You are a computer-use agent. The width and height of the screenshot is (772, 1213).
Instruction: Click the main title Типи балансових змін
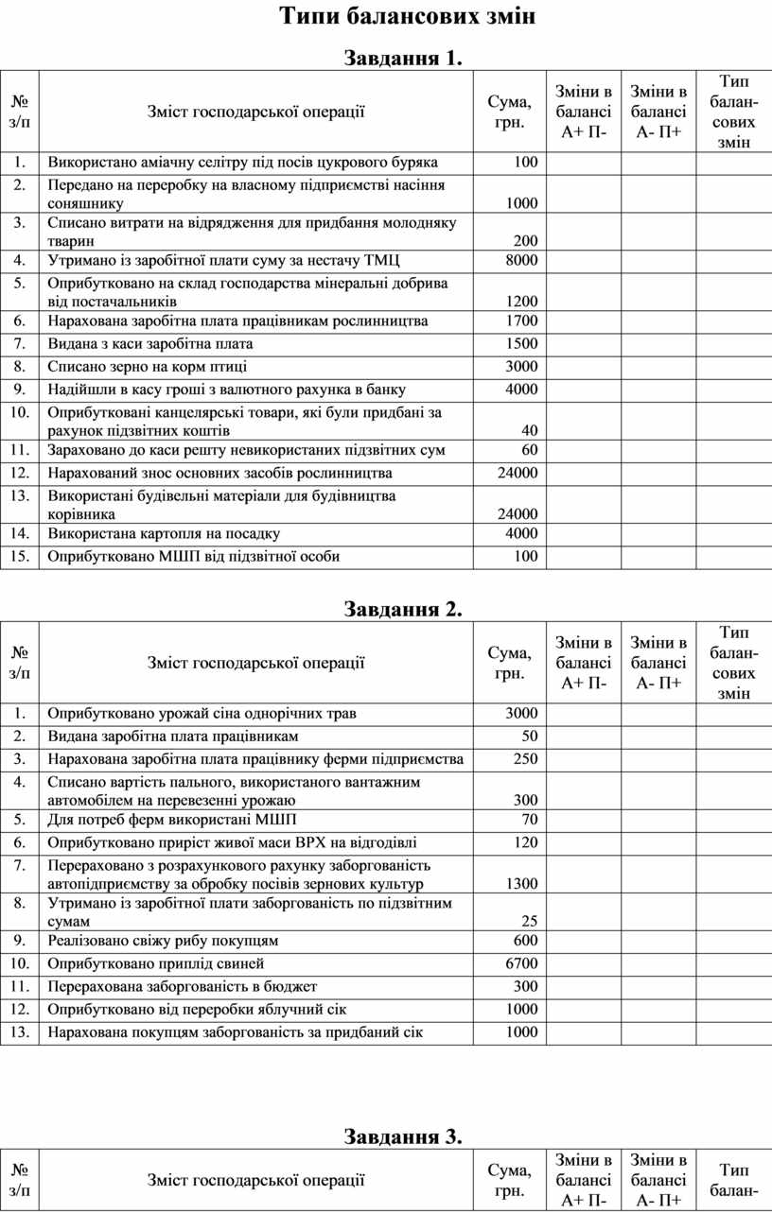point(408,17)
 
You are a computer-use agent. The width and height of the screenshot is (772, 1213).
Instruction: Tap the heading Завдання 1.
point(403,59)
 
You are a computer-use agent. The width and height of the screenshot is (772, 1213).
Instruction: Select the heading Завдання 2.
point(403,609)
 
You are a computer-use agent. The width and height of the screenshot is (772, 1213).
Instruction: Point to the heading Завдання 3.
point(403,1135)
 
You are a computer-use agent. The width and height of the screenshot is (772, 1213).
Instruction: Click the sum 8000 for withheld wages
point(522,260)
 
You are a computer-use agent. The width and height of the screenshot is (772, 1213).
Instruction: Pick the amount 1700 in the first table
point(522,321)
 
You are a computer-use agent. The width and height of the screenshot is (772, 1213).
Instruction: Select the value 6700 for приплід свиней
point(522,963)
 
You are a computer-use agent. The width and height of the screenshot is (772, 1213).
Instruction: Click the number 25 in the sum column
point(530,921)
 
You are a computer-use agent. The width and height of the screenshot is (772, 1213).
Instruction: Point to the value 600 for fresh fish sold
point(526,941)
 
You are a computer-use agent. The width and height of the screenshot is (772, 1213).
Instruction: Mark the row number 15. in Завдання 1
point(19,556)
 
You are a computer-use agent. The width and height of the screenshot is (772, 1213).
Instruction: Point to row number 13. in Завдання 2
point(19,1031)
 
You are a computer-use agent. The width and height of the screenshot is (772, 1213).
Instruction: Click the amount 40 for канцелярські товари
point(530,431)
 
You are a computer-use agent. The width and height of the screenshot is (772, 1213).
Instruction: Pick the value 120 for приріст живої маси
point(526,842)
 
